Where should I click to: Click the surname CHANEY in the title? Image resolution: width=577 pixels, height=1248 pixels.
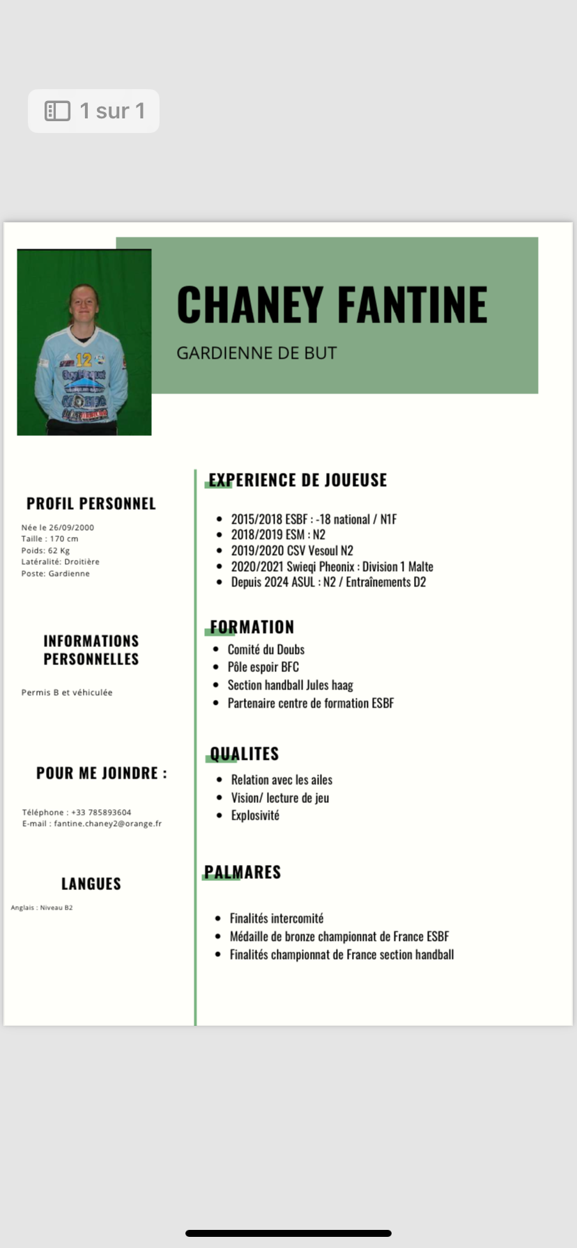pos(249,305)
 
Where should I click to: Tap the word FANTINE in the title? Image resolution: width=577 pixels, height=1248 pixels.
pos(413,305)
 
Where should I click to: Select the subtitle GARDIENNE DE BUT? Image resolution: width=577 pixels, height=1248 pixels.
pos(256,353)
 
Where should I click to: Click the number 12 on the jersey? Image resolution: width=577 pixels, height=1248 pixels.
pos(84,360)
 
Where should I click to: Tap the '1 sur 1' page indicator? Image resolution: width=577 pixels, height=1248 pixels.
pos(94,111)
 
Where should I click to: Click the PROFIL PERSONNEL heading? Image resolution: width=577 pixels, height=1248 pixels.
pos(91,504)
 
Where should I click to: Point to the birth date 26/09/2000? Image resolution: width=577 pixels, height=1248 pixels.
pos(71,527)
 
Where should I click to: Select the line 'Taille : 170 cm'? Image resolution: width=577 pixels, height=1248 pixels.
pos(49,538)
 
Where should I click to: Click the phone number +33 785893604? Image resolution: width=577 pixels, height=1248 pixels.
pos(101,812)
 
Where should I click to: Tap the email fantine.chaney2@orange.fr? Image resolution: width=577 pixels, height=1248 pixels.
pos(107,823)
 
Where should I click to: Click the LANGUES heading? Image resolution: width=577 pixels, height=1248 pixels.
pos(91,884)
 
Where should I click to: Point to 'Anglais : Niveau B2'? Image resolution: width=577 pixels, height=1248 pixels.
pos(42,907)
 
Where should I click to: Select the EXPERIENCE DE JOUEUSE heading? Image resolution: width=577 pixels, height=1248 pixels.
pos(298,480)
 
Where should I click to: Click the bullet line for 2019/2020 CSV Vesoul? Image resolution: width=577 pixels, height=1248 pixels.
pos(292,550)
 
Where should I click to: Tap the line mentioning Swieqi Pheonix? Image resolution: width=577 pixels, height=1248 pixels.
pos(332,566)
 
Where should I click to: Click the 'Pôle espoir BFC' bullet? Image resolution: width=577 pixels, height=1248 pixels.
pos(263,666)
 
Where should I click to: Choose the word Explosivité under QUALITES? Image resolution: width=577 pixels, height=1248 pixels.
pos(255,815)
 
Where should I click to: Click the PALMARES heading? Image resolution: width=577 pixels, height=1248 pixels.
pos(243,872)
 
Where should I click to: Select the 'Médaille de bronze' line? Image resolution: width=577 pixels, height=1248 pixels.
pos(339,936)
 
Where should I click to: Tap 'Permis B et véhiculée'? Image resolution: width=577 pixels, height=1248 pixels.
pos(67,692)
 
